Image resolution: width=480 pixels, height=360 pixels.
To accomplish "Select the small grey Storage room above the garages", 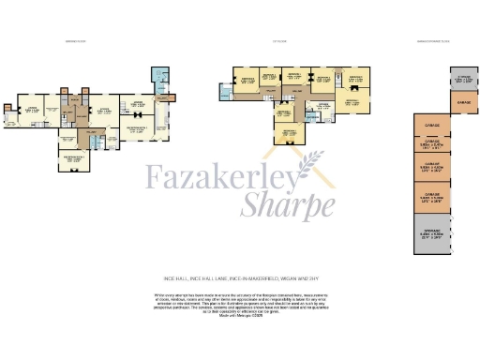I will point(462,80).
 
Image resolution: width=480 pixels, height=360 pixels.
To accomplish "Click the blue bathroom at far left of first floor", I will point(223,91).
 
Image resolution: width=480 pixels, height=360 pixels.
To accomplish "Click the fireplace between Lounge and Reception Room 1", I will point(138,113).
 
